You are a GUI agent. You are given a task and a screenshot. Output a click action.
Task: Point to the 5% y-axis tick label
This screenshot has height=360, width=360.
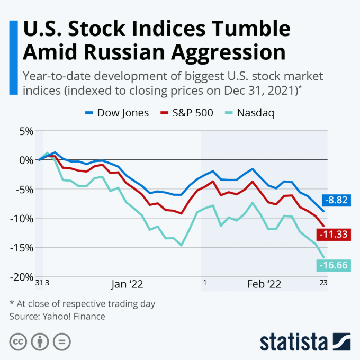pos(25,131)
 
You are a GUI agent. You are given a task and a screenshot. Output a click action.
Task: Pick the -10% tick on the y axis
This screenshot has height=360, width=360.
pos(22,218)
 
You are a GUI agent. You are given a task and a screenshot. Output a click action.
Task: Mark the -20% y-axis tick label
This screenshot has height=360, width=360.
pos(22,277)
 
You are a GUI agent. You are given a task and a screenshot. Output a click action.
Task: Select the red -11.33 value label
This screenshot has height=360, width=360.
pos(334,234)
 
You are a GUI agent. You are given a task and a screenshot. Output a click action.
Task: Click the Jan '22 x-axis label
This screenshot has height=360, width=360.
pos(127,284)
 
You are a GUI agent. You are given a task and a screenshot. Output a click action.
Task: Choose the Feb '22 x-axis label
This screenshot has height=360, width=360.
pos(264,284)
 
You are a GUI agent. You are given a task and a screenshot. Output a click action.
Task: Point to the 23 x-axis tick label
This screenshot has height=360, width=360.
pos(323,283)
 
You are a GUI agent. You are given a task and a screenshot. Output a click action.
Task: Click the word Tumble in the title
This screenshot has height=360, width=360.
pos(244,29)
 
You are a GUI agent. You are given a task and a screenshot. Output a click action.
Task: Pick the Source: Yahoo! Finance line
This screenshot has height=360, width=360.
pos(57,317)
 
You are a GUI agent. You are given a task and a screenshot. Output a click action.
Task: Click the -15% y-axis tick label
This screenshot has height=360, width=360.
pos(22,247)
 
